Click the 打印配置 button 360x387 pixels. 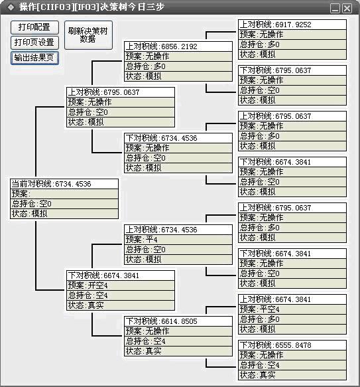tap(34, 27)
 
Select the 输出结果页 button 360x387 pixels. tap(34, 58)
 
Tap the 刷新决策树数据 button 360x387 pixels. tap(88, 35)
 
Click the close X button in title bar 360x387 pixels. tap(347, 9)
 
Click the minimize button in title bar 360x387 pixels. tap(335, 9)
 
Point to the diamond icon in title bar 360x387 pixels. tap(11, 7)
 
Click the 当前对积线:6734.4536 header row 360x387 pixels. tap(64, 184)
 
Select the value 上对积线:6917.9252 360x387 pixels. tap(292, 25)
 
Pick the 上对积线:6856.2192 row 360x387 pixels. tap(178, 46)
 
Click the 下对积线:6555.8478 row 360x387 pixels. tap(292, 345)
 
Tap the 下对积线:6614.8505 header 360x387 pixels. tap(178, 321)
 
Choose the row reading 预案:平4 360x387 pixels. tap(178, 240)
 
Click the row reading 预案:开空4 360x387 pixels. tap(121, 285)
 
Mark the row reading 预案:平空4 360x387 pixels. tap(292, 309)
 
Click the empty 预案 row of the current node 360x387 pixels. tap(64, 194)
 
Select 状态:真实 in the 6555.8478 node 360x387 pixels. tap(292, 375)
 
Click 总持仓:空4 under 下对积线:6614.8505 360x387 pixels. tap(178, 341)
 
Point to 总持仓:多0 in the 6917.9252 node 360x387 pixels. tap(292, 44)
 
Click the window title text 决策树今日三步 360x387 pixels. tap(132, 7)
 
